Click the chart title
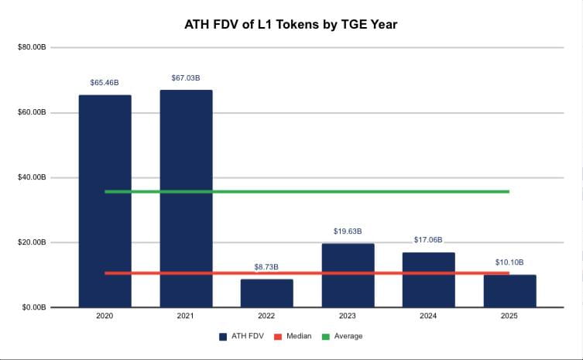(x=291, y=25)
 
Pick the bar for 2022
(x=266, y=294)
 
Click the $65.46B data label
(x=105, y=82)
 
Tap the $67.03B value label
(x=186, y=77)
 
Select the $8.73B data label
(x=266, y=267)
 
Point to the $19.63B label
(x=348, y=231)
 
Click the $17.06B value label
(x=428, y=240)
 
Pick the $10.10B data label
(x=509, y=262)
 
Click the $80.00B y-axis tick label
(x=33, y=48)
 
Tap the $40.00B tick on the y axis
(x=33, y=178)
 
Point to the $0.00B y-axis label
(x=34, y=308)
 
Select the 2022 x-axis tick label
(x=266, y=317)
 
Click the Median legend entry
(x=294, y=336)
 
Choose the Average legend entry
(x=343, y=336)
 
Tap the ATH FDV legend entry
(x=240, y=336)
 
